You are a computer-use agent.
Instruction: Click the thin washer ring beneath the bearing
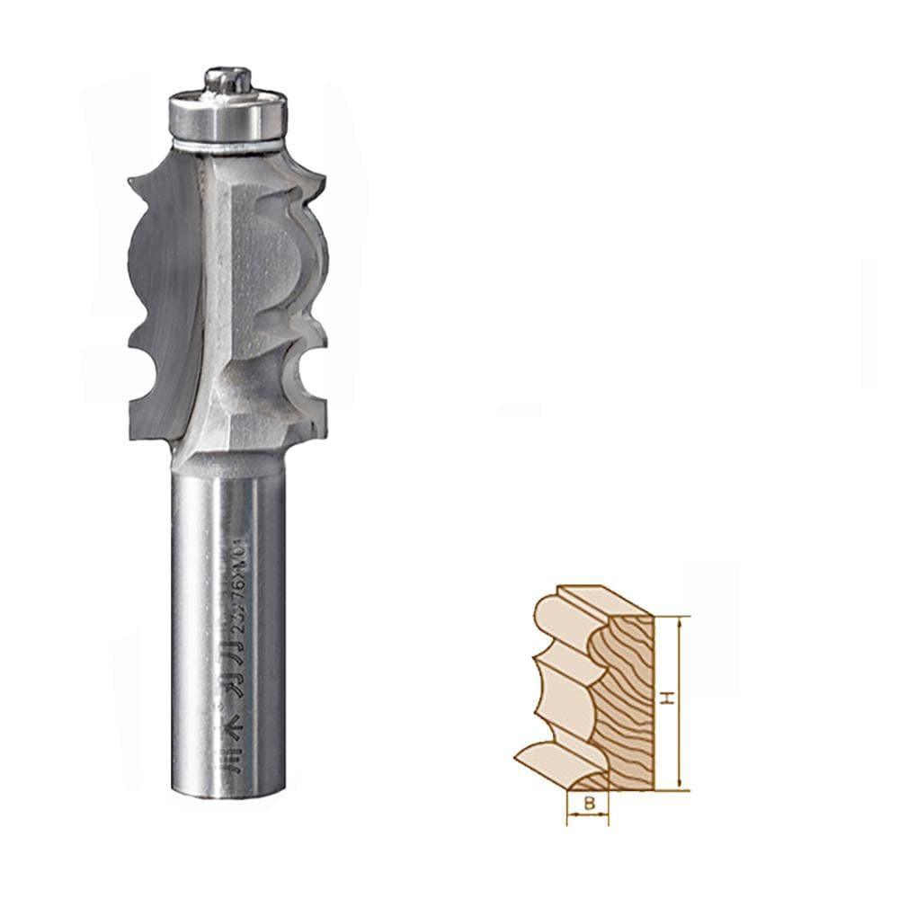coord(229,144)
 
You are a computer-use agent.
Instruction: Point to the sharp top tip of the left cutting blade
coord(132,185)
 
